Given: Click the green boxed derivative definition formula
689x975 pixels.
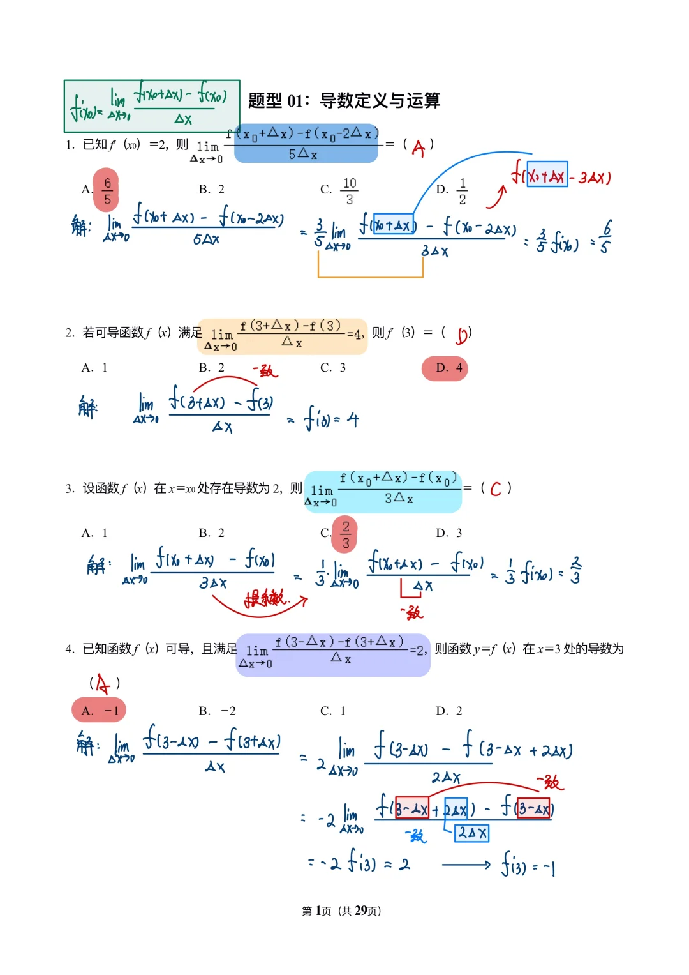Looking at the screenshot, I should (151, 105).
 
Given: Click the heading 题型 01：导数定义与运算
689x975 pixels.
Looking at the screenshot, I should (344, 100).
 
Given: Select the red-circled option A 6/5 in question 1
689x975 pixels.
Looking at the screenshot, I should (106, 190).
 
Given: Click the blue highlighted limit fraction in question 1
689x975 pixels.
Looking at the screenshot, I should (306, 144).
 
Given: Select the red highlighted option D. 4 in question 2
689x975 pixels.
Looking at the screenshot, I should (445, 368).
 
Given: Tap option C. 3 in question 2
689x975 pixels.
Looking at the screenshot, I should (333, 368).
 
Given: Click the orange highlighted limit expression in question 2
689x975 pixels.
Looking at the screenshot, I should (282, 336).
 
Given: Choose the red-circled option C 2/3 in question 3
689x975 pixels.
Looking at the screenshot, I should (344, 534).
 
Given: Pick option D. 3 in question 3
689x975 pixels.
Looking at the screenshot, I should (449, 533).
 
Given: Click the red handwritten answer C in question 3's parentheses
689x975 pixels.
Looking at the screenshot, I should (495, 489).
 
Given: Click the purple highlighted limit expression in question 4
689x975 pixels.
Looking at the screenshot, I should (333, 654).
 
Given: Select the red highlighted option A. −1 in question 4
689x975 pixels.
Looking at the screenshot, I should (100, 711).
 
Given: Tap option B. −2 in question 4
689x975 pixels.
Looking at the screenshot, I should (218, 711).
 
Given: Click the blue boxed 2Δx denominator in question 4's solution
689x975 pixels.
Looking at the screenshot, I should (472, 833).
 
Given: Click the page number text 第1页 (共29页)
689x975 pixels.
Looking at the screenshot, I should (341, 911).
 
